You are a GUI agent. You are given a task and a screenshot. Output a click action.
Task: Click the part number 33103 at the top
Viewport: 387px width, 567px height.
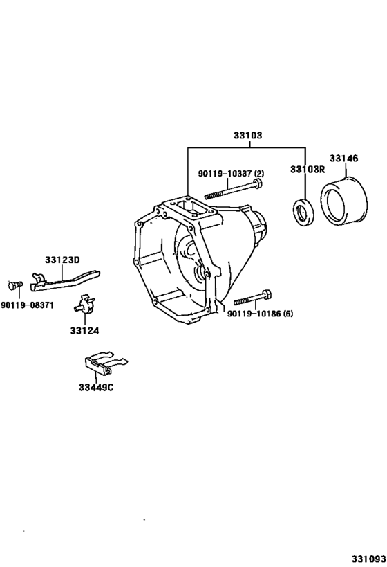click(248, 137)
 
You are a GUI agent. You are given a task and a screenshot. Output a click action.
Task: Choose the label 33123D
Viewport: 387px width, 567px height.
click(63, 260)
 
